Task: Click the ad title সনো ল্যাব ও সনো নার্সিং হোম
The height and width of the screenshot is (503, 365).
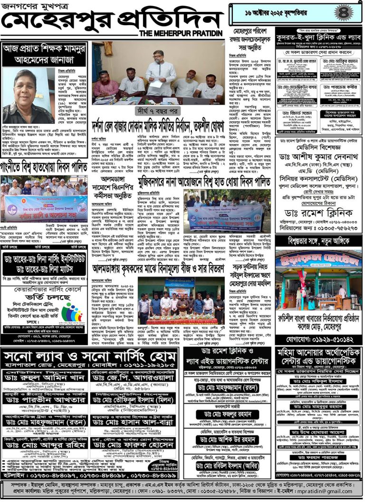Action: click(90, 356)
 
